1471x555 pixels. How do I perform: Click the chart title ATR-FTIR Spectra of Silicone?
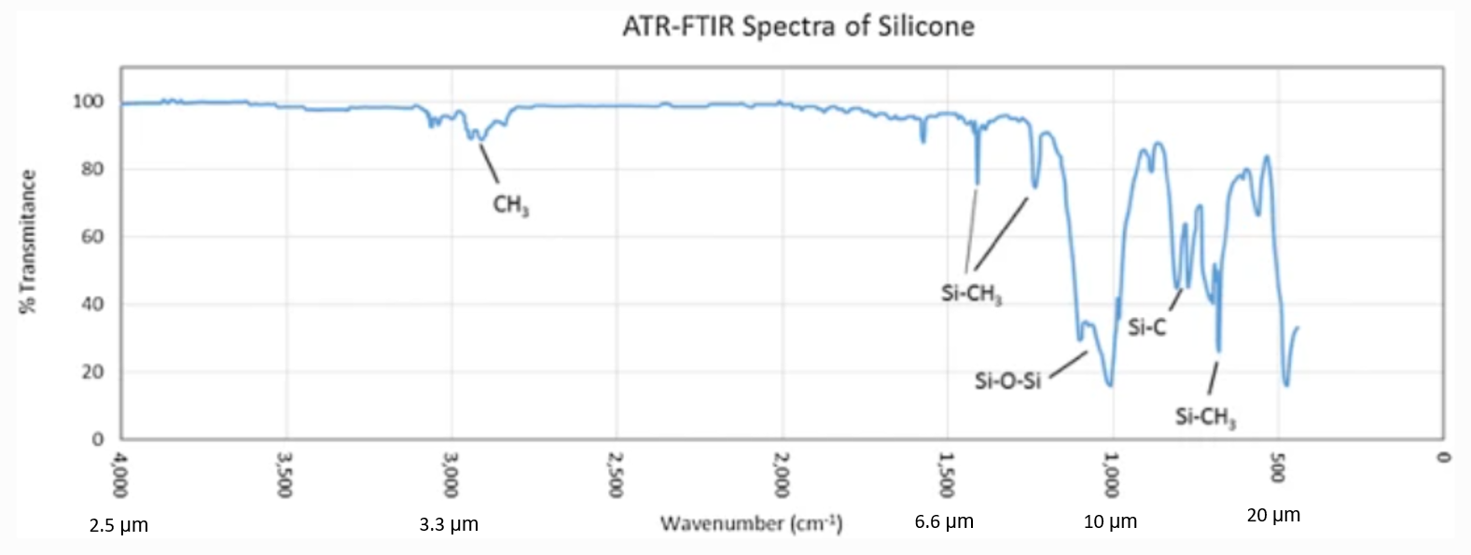pos(798,26)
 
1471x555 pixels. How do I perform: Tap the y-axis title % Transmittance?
pos(28,242)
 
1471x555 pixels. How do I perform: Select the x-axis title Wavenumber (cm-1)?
pos(751,523)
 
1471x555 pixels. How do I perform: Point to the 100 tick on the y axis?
pos(89,102)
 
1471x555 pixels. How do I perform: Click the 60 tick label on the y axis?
pos(92,237)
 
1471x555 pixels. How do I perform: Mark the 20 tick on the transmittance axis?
pos(92,371)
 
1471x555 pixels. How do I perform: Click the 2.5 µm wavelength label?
pos(118,525)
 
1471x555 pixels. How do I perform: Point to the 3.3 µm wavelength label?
pos(449,524)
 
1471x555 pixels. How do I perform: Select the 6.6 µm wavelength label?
pos(944,521)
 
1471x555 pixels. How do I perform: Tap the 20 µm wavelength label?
pos(1273,515)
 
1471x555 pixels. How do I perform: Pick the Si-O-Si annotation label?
pos(1007,381)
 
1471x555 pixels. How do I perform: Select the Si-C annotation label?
pos(1146,327)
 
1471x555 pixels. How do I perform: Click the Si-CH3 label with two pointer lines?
pos(971,294)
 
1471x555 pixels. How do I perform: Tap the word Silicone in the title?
pos(925,26)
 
